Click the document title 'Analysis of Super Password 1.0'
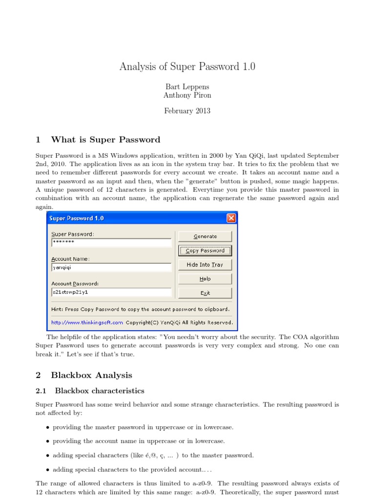tap(187, 66)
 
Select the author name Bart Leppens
tap(187, 86)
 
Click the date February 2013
tap(187, 111)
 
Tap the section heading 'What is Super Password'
tap(105, 140)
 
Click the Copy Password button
tap(205, 250)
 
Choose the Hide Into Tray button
tap(205, 265)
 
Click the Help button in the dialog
tap(205, 279)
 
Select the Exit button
tap(205, 293)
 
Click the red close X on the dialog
tap(231, 218)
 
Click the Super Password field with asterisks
tap(111, 243)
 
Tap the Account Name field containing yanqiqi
tap(111, 268)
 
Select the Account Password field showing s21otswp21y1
tap(111, 292)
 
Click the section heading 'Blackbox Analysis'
tap(91, 375)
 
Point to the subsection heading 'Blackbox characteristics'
tap(100, 391)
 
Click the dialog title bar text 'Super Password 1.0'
tap(76, 218)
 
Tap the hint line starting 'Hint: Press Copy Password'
tap(140, 309)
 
